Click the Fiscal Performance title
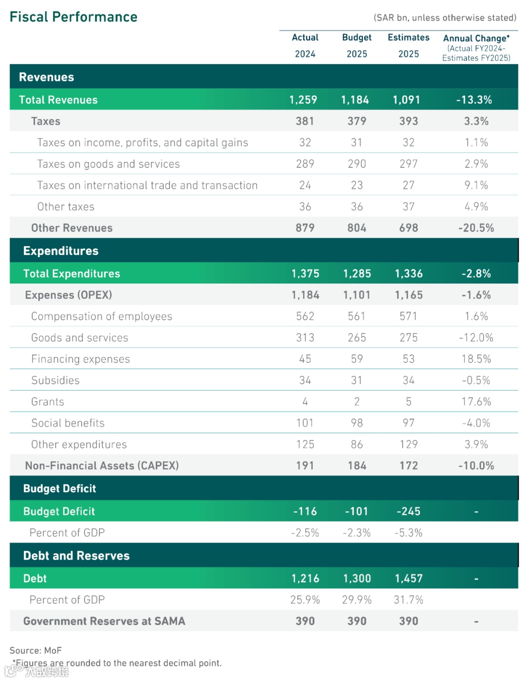73,17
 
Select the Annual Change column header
476,38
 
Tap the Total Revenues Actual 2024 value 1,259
303,100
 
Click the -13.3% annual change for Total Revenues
474,100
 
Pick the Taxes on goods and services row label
109,164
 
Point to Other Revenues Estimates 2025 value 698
409,228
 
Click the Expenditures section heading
61,251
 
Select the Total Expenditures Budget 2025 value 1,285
357,274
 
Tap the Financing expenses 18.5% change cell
476,359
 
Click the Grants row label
47,402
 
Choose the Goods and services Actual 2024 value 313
305,338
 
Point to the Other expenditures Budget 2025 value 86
357,445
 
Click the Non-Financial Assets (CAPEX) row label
102,466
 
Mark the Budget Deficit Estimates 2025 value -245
409,512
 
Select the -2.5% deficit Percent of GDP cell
305,533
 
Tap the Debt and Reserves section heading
76,556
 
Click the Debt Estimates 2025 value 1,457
409,579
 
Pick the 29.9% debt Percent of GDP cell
357,600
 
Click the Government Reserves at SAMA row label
104,621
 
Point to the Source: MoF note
36,651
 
